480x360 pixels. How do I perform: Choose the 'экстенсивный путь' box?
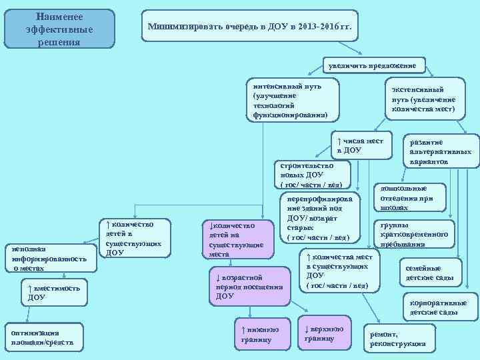423,99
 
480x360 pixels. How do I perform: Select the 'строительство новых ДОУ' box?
312,174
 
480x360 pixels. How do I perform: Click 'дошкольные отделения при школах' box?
406,198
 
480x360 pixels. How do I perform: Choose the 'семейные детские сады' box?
429,273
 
